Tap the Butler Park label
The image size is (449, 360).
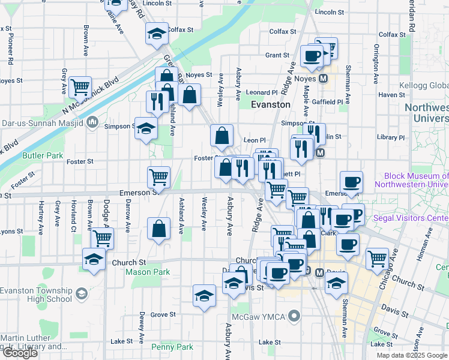43,155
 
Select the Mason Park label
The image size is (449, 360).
148,272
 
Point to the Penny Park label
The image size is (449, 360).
172,347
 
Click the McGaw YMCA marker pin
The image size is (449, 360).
294,315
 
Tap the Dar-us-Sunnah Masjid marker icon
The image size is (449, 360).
92,123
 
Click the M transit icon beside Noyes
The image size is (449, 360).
323,79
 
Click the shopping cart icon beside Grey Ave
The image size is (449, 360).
79,87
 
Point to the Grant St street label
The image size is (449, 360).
277,55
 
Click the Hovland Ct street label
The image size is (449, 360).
73,220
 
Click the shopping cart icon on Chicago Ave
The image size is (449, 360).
377,259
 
